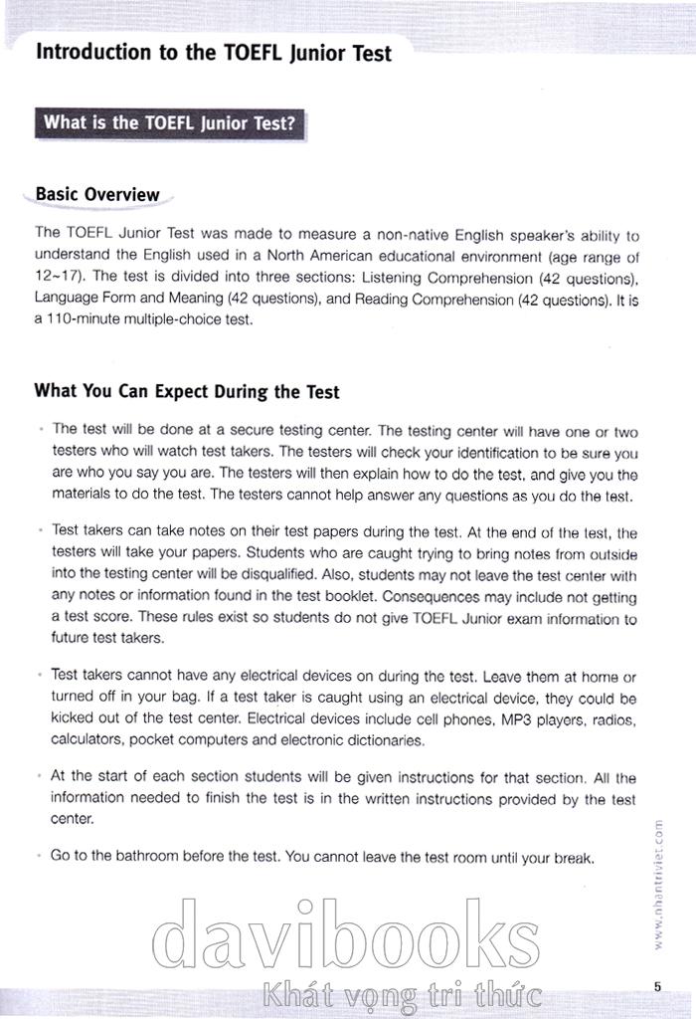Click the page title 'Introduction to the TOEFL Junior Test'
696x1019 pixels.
click(214, 53)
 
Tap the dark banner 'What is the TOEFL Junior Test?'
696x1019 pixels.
click(168, 123)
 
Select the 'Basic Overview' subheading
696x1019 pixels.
click(97, 195)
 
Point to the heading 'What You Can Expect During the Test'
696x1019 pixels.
click(187, 391)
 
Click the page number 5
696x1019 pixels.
click(657, 986)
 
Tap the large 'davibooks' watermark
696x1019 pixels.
click(343, 934)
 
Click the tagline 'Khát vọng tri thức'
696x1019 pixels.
click(399, 994)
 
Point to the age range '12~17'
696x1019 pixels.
click(54, 277)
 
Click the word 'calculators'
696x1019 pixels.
click(84, 740)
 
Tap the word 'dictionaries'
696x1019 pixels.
click(381, 740)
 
